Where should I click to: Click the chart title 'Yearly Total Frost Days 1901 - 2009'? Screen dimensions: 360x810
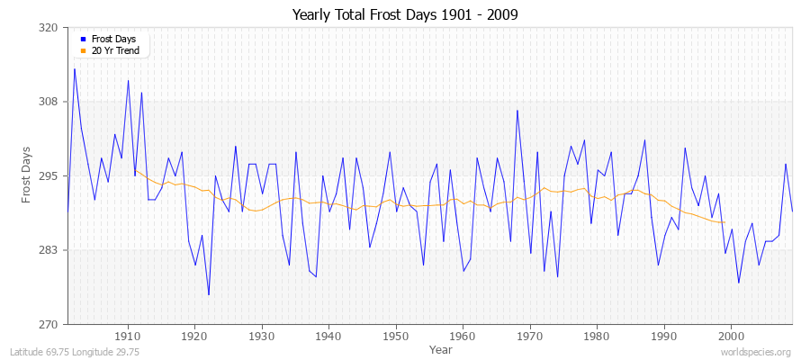coord(405,15)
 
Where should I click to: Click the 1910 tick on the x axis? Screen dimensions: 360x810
coord(128,336)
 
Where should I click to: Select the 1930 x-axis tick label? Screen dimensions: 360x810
coord(262,336)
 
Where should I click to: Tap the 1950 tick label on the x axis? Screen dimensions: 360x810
coord(396,336)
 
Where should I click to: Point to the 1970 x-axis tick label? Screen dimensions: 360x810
coord(530,336)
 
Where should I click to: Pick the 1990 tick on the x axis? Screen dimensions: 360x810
coord(664,336)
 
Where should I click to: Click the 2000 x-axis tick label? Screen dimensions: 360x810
coord(731,336)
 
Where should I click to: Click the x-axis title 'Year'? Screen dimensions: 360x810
coord(441,349)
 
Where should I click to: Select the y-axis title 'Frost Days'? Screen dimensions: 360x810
coord(27,175)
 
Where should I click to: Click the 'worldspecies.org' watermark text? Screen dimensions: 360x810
coord(755,352)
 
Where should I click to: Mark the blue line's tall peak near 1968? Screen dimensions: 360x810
coord(517,111)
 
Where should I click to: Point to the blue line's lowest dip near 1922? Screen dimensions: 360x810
coord(209,294)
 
